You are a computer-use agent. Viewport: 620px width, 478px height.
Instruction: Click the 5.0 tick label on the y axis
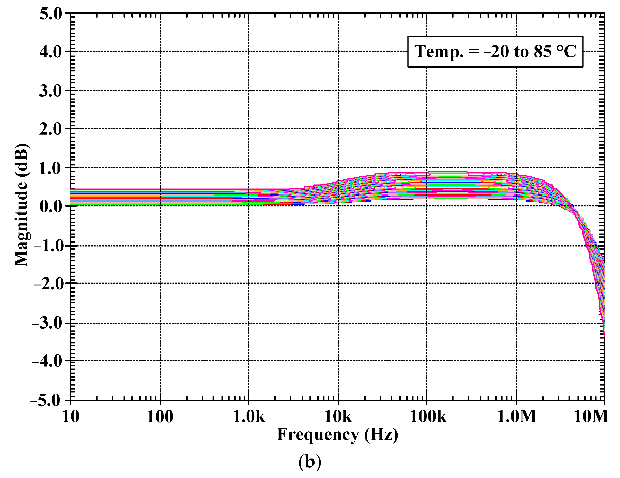coord(51,14)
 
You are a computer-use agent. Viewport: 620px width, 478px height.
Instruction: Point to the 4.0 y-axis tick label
coord(51,52)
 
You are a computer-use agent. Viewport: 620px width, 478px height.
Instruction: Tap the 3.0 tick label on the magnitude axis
coord(51,91)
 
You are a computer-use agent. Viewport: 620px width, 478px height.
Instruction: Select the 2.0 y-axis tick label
coord(51,129)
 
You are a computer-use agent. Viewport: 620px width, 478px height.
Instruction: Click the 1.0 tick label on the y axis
coord(51,168)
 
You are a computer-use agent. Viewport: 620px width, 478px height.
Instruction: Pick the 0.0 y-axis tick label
coord(51,206)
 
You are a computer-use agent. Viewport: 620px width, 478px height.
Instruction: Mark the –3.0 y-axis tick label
coord(47,323)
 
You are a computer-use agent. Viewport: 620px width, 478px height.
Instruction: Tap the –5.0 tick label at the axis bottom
coord(46,401)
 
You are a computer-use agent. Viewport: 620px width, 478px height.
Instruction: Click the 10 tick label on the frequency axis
coord(70,417)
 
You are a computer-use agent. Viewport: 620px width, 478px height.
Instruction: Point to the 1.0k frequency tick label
coord(249,417)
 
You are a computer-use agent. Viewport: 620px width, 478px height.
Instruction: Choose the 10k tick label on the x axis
coord(338,417)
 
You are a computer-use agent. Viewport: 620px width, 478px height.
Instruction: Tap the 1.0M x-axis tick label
coord(517,417)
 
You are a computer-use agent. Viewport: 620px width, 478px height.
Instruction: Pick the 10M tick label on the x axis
coord(591,417)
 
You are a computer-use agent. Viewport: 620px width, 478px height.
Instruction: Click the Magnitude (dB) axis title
coord(21,205)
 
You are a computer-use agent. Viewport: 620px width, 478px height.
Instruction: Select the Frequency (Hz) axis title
coord(337,435)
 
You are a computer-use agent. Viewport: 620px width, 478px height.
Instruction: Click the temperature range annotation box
coord(495,52)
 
